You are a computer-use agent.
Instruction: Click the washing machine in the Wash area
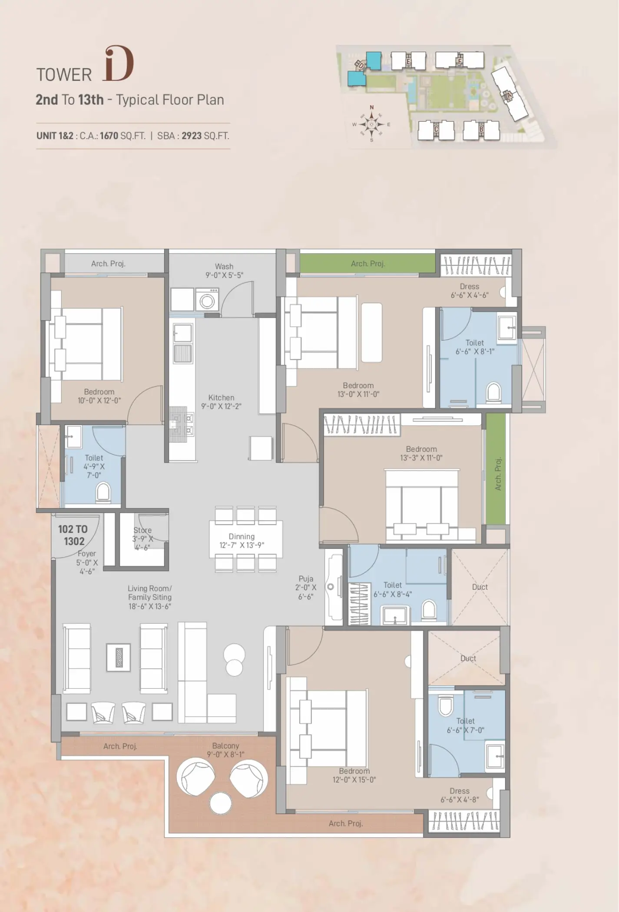coord(207,300)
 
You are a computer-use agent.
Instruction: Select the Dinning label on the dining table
coord(242,536)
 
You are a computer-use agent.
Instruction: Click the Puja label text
coord(306,578)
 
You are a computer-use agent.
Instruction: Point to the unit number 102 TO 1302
coord(73,535)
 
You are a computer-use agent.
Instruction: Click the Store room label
coord(142,530)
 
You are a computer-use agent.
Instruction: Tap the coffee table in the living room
coord(119,657)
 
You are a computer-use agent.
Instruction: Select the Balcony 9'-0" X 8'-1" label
coord(225,750)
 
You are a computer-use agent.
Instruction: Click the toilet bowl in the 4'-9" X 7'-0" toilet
coord(103,492)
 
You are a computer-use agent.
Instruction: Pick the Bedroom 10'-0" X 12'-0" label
coord(99,396)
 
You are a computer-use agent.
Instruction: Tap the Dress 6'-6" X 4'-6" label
coord(470,291)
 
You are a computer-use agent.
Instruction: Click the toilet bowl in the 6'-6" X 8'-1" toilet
coord(493,391)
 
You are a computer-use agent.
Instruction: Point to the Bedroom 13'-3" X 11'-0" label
coord(421,453)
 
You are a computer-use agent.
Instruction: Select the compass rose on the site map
coord(371,124)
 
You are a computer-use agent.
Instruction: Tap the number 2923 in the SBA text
coord(192,135)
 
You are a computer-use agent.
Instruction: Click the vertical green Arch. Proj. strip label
coord(498,474)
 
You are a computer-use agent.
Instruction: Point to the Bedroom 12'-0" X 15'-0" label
coord(354,775)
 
